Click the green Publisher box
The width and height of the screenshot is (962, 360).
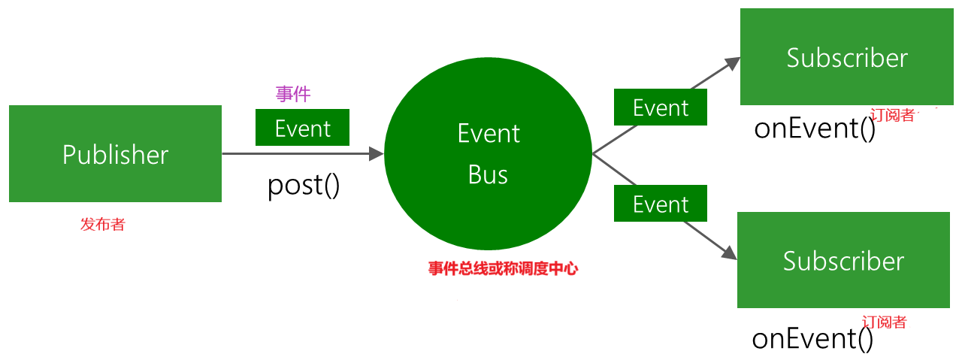pyautogui.click(x=115, y=154)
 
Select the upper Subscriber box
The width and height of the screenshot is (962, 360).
pyautogui.click(x=847, y=57)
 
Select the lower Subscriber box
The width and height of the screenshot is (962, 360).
pyautogui.click(x=844, y=260)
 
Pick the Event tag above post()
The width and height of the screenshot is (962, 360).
pyautogui.click(x=302, y=128)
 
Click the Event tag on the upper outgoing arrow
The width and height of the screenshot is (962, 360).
pyautogui.click(x=661, y=107)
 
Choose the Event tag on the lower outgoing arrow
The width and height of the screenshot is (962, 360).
pyautogui.click(x=661, y=204)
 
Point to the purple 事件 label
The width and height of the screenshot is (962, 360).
pyautogui.click(x=293, y=94)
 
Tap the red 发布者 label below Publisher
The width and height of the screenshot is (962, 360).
pyautogui.click(x=102, y=224)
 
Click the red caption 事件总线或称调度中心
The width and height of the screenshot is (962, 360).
pyautogui.click(x=503, y=268)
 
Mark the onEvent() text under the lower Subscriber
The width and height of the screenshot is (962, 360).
pyautogui.click(x=812, y=339)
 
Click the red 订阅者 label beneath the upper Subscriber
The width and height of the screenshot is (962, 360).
pyautogui.click(x=892, y=115)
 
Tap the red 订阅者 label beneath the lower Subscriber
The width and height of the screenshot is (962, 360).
pyautogui.click(x=885, y=322)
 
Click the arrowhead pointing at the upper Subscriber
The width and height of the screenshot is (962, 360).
pyautogui.click(x=733, y=63)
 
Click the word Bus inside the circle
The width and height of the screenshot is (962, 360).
pyautogui.click(x=489, y=174)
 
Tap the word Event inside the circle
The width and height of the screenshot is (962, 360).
pyautogui.click(x=489, y=134)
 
